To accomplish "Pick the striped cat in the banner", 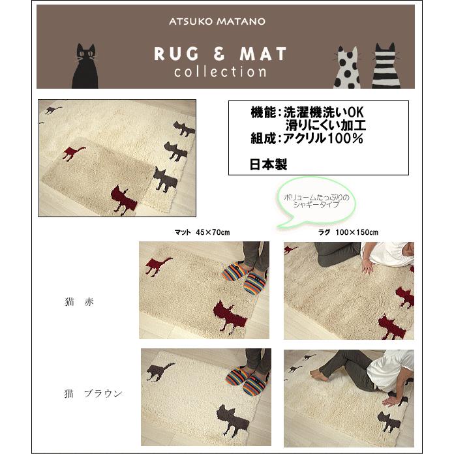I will click(x=385, y=67).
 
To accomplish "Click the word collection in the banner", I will click(x=220, y=72).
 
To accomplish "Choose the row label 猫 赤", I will click(x=80, y=303).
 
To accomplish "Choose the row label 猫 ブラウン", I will click(x=93, y=393).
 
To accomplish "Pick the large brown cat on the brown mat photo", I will click(x=233, y=415).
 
